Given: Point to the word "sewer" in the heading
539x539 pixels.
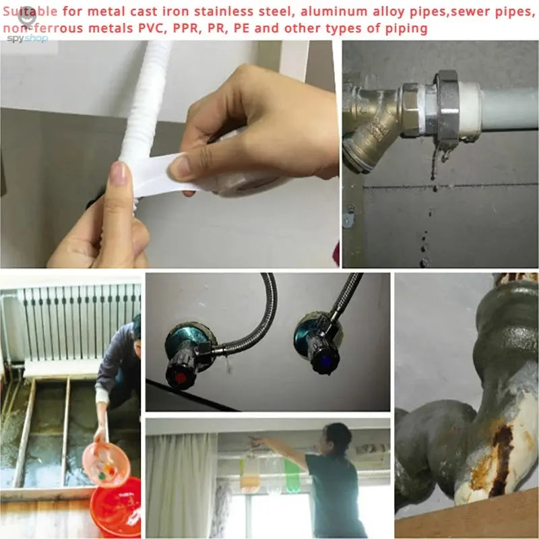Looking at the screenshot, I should tap(451, 11).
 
